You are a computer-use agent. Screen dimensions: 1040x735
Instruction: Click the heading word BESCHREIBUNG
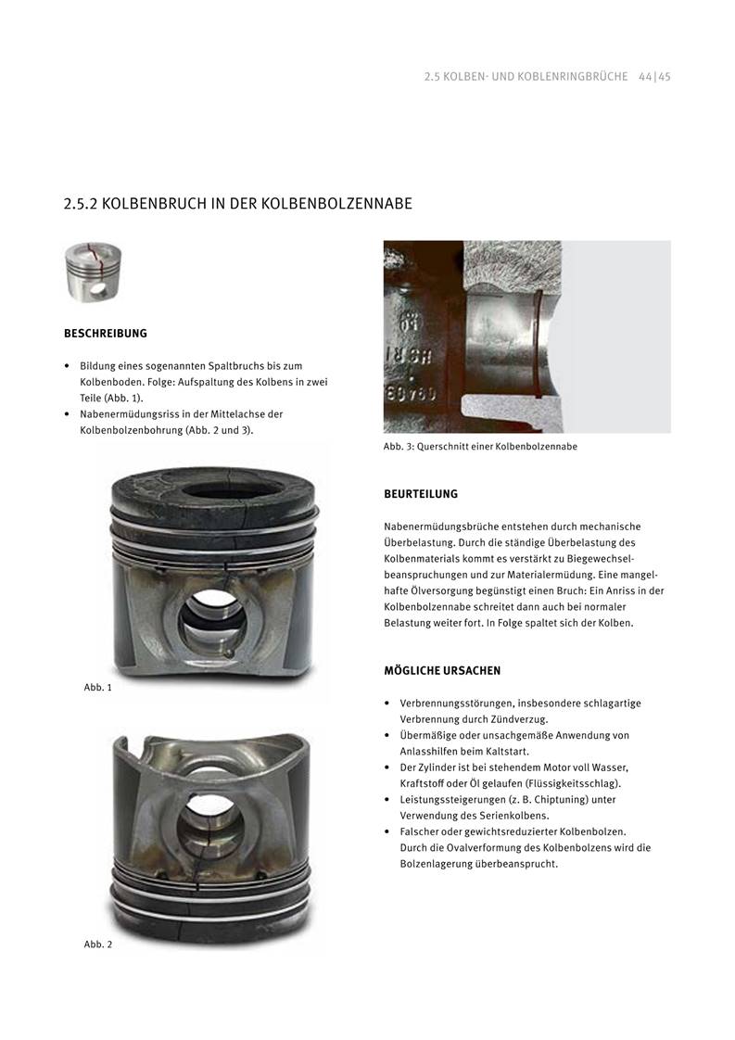tap(105, 333)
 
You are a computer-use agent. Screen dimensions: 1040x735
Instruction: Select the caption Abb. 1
tap(97, 688)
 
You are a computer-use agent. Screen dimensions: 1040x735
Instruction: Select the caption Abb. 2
tap(97, 945)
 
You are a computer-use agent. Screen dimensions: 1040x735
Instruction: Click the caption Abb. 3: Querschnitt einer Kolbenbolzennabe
tap(480, 447)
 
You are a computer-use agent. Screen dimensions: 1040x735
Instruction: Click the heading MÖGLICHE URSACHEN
tap(442, 670)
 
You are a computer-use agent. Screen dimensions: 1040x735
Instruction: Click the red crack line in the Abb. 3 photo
tap(538, 343)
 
